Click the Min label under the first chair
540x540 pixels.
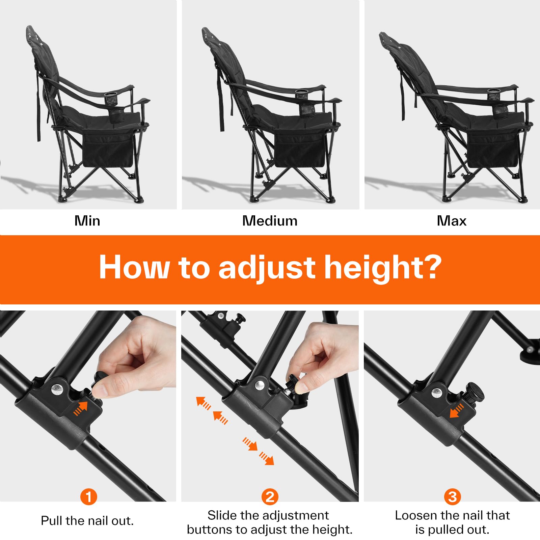[x=87, y=221]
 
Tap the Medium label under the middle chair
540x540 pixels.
[x=270, y=221]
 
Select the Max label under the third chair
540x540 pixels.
[x=452, y=221]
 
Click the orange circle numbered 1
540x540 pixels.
[x=89, y=497]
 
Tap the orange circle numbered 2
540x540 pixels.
[x=270, y=497]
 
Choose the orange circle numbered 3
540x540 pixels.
[x=453, y=497]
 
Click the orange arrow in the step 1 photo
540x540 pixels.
[x=81, y=408]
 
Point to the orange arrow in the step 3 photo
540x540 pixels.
[x=457, y=411]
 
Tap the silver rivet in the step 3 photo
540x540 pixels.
[x=437, y=393]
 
